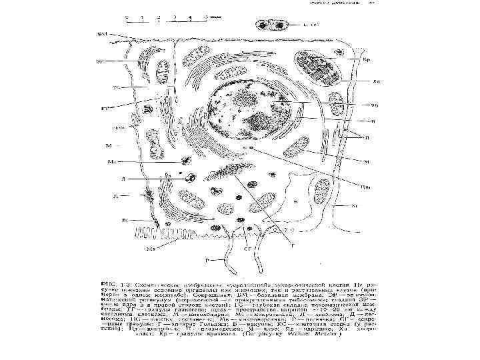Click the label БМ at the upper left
pyautogui.click(x=103, y=33)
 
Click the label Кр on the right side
pyautogui.click(x=366, y=61)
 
